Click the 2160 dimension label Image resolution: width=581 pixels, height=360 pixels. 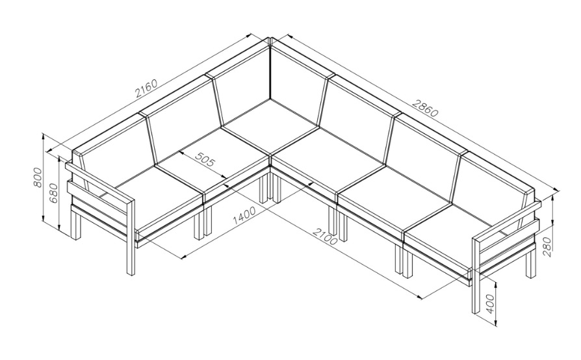[x=146, y=88]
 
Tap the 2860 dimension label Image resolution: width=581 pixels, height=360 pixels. [x=425, y=108]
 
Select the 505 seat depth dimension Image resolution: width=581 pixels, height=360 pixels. [x=205, y=159]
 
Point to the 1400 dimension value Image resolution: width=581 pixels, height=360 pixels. [x=244, y=216]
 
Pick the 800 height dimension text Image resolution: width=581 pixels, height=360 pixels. [x=38, y=177]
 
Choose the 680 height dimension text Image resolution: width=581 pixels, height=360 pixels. [x=53, y=193]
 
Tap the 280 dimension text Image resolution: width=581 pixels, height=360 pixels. [x=547, y=247]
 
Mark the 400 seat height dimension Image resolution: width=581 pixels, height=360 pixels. [x=490, y=303]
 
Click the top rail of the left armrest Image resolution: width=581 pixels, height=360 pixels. [x=100, y=182]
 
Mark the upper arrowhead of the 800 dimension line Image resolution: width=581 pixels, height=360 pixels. [x=44, y=136]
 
